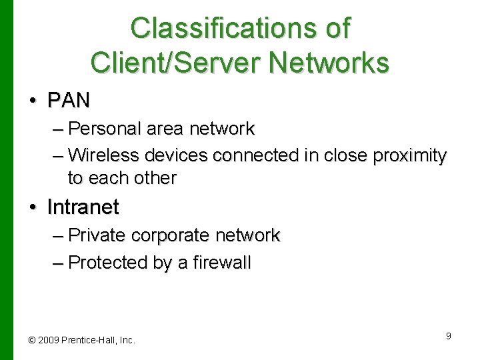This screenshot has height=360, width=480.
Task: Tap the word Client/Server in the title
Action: click(x=171, y=63)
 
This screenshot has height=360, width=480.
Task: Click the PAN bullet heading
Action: click(x=68, y=101)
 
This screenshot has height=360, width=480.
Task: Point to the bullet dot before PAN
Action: click(x=33, y=101)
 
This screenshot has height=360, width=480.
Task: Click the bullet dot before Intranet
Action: click(x=33, y=207)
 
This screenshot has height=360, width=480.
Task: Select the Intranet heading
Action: click(x=83, y=207)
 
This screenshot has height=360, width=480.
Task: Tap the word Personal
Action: click(x=102, y=127)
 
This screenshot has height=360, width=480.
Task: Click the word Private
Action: click(x=98, y=235)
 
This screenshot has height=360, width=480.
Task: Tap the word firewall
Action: click(x=222, y=263)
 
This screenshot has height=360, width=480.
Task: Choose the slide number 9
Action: click(x=449, y=336)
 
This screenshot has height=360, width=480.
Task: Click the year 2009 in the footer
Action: click(x=47, y=340)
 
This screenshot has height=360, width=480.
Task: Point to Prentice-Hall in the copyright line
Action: click(x=87, y=340)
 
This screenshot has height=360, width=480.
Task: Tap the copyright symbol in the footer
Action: click(x=31, y=340)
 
